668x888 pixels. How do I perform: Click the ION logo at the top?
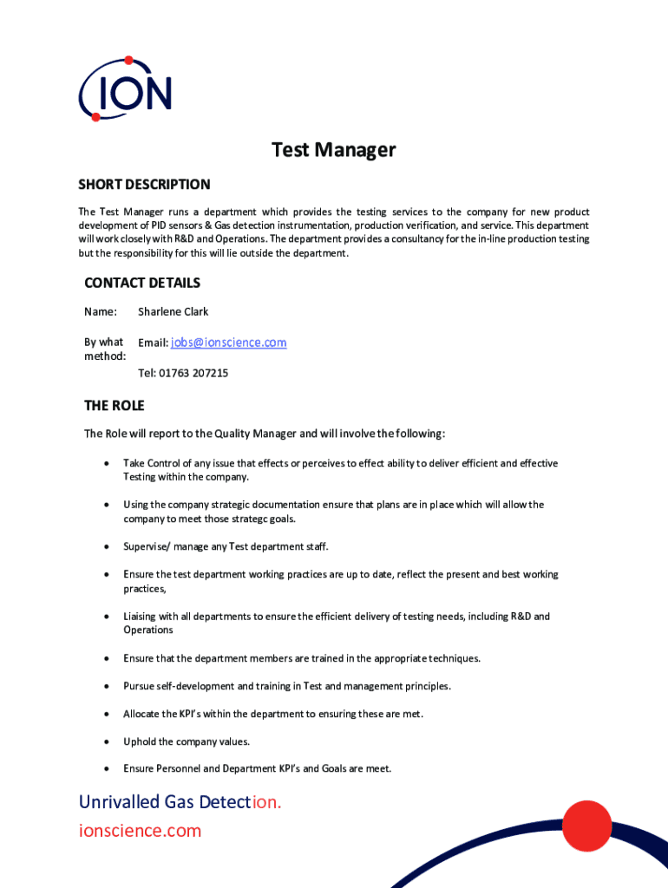[125, 90]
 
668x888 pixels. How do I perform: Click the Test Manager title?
[333, 150]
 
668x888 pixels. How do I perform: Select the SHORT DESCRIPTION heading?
[144, 184]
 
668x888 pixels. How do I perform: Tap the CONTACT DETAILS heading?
[142, 283]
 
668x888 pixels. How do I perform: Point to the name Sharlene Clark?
[173, 311]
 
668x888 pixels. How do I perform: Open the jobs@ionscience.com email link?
[228, 343]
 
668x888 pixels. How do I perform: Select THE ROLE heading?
[114, 406]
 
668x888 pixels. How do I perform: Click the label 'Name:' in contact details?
[101, 311]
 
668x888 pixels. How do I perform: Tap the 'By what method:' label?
[104, 349]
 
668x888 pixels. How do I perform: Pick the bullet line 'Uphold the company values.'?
[187, 741]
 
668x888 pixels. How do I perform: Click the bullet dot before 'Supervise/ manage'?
[106, 546]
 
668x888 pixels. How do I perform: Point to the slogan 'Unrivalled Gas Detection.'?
[180, 801]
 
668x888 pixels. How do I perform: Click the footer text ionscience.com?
[140, 831]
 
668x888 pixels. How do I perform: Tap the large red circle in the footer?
[587, 826]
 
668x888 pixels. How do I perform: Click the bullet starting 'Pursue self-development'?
[286, 686]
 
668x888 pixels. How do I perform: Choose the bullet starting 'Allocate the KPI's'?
[272, 714]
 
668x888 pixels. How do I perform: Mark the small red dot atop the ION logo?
[128, 61]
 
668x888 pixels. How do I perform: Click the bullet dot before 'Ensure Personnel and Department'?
[106, 768]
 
